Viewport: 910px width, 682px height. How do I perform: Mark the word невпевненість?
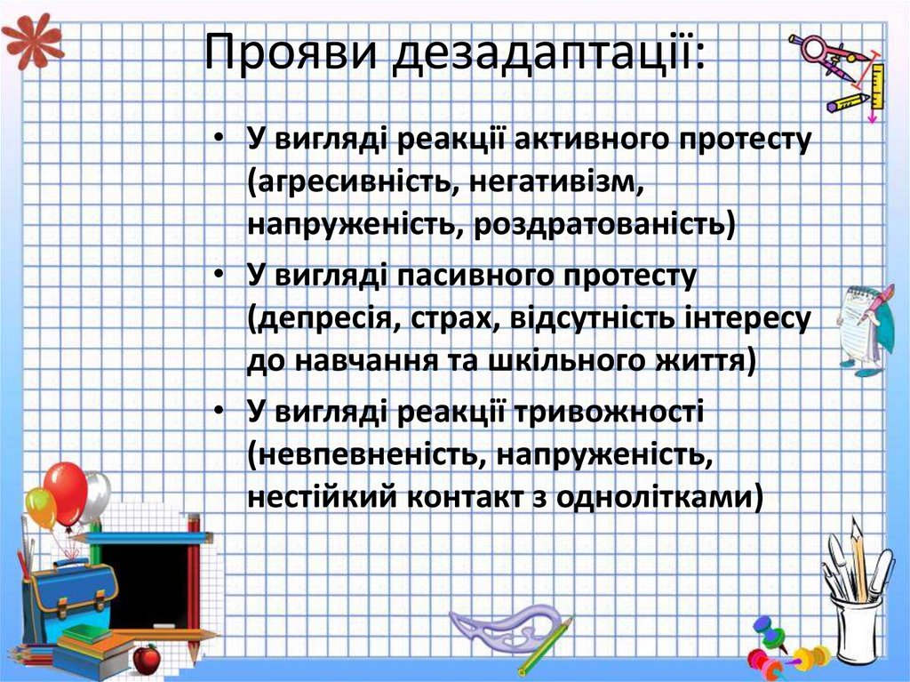coord(365,454)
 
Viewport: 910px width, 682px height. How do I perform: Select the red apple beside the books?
coord(146,659)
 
